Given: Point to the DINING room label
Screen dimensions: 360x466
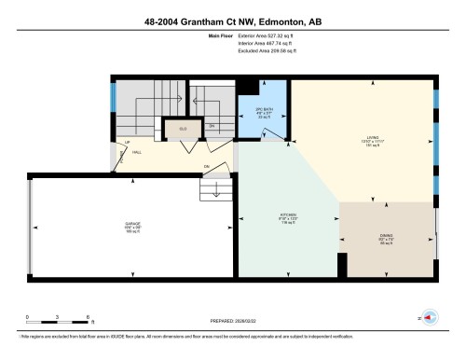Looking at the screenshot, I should coord(387,238).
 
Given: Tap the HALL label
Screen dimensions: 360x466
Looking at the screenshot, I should coord(136,151).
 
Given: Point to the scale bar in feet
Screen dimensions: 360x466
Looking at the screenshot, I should coord(57,317).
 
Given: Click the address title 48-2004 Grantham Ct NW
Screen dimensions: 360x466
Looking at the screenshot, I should coord(232,19).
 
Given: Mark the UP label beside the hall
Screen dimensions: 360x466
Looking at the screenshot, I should coord(125,142).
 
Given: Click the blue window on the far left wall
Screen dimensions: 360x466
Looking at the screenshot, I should coord(113,96).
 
